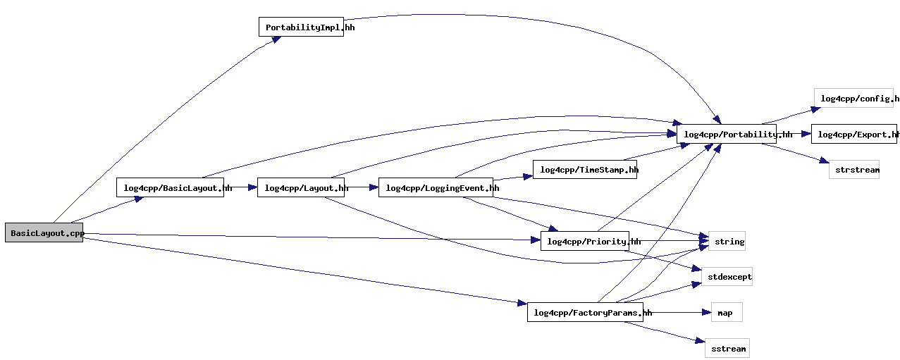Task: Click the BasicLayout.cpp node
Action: (44, 233)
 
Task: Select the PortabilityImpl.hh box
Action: (301, 27)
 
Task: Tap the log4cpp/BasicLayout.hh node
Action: (170, 187)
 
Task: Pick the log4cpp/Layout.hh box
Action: (301, 187)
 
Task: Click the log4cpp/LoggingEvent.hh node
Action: (436, 187)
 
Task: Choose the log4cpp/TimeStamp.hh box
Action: (584, 170)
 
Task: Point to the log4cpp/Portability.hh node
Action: (726, 134)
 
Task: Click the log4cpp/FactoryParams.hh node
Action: (584, 312)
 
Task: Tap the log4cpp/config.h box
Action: (853, 98)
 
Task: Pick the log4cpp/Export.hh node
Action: (853, 134)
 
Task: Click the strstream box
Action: (853, 170)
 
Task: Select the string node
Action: (727, 241)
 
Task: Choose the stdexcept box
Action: (727, 277)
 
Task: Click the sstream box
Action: (727, 347)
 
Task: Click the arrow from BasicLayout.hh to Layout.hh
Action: (240, 187)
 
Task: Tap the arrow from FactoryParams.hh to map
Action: (677, 312)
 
